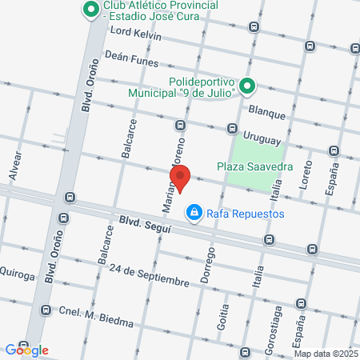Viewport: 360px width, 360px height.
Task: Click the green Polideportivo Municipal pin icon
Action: coord(247,86)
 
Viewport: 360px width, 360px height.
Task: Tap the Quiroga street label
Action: coord(18,274)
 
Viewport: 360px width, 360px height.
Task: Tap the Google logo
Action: coord(26,350)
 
